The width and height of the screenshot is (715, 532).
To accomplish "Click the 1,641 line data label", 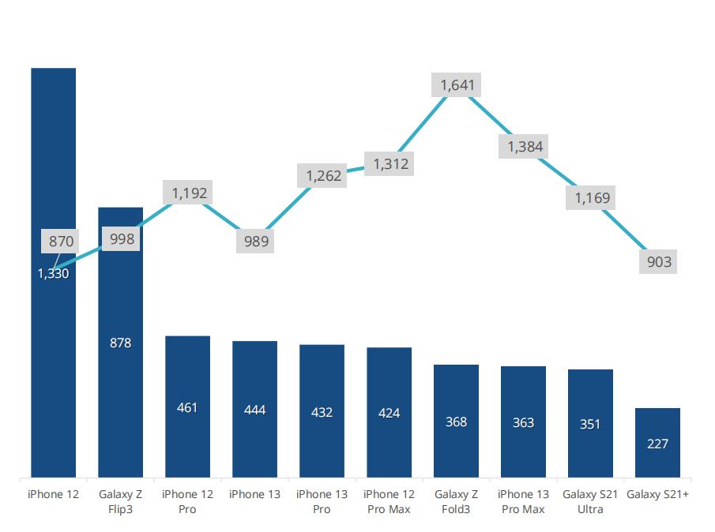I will [x=457, y=85].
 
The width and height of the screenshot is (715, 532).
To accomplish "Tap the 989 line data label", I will [x=255, y=242].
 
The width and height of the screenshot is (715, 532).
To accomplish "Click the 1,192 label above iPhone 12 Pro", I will [x=188, y=193].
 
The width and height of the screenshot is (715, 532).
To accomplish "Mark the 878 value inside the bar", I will [x=120, y=343].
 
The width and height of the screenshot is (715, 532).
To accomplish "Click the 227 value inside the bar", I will [x=657, y=444].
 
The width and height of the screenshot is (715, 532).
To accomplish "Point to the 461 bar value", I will [x=187, y=408].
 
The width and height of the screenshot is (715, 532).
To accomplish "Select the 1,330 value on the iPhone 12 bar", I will [x=53, y=274].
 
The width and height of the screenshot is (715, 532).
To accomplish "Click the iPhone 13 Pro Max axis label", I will [x=523, y=502].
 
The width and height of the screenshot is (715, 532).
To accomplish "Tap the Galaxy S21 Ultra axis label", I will [x=590, y=502].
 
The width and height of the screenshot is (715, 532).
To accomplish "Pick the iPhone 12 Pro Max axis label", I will [x=389, y=502].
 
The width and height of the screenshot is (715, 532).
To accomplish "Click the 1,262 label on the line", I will [x=323, y=176].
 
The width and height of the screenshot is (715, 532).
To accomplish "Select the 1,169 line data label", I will [x=592, y=197].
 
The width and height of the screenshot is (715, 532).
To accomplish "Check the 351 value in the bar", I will [x=590, y=425].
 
